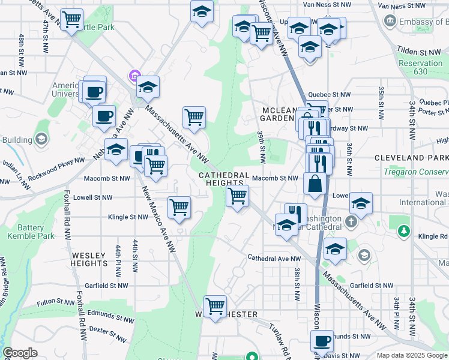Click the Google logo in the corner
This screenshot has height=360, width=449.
click(20, 353)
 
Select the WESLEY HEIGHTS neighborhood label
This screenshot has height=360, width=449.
click(89, 259)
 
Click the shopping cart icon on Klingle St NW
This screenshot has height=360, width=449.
click(179, 208)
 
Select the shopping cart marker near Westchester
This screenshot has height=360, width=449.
click(215, 307)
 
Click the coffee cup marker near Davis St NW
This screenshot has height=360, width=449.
click(322, 341)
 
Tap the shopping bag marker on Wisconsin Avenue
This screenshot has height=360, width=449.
click(315, 184)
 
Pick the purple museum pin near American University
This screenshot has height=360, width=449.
click(133, 76)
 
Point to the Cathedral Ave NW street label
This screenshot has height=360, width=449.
click(274, 259)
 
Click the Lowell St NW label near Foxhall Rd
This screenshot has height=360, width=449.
click(92, 197)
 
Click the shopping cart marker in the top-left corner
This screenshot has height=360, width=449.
click(72, 20)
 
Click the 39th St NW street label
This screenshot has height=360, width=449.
click(262, 148)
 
